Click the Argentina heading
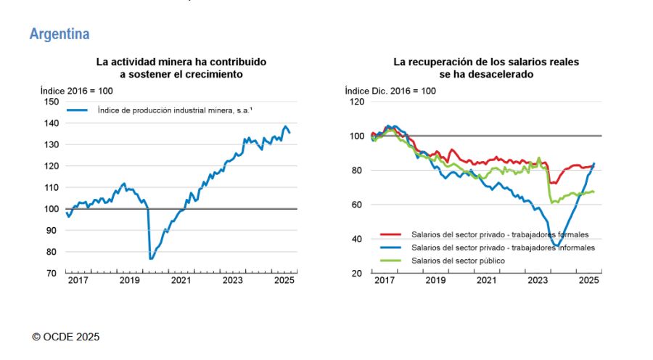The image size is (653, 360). click(x=59, y=34)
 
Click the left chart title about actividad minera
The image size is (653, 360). click(x=181, y=68)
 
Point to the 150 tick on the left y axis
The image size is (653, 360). click(x=51, y=102)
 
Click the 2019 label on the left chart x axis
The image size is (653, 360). click(x=129, y=280)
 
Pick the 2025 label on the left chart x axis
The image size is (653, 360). click(x=284, y=280)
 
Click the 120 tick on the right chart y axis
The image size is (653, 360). click(x=356, y=102)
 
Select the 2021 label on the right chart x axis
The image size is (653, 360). click(x=485, y=280)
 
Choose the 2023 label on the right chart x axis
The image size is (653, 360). click(x=537, y=280)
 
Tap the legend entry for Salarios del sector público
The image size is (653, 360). click(x=458, y=260)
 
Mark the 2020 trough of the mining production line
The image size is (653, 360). click(x=151, y=258)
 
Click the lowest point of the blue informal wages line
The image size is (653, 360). click(x=557, y=245)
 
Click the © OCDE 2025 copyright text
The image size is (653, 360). click(x=66, y=337)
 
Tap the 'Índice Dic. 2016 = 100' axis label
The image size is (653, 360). click(x=390, y=91)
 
